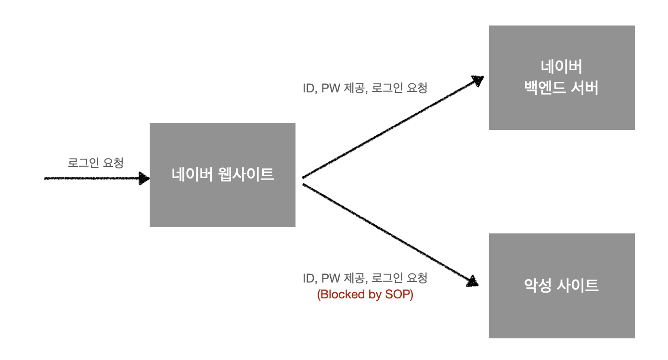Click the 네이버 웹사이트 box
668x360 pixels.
click(x=222, y=175)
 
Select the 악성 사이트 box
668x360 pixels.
click(x=561, y=285)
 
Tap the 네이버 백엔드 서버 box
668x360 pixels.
click(x=561, y=77)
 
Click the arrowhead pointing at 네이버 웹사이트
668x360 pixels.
click(x=144, y=178)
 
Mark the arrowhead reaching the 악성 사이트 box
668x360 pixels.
click(x=474, y=281)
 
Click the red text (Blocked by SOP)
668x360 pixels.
click(x=365, y=294)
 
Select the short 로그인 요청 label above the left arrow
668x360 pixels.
click(x=96, y=163)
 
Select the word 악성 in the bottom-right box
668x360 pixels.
click(x=537, y=285)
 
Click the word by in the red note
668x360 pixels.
click(x=374, y=294)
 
